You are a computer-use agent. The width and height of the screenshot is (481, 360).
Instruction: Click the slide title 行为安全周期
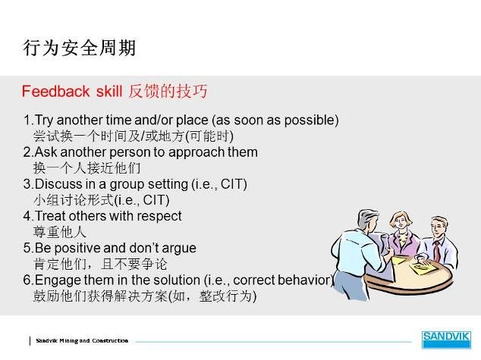80,48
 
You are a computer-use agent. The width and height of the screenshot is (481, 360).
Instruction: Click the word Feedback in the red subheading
55,91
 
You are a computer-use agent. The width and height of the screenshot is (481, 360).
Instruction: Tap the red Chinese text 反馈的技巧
168,91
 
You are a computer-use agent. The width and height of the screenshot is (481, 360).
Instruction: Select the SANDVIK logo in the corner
446,340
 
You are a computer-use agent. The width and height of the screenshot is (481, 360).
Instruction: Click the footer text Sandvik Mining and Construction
82,341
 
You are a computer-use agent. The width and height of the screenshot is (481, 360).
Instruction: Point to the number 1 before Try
27,120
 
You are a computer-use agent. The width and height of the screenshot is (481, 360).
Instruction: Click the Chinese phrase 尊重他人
59,232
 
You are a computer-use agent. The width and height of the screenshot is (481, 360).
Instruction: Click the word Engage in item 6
58,280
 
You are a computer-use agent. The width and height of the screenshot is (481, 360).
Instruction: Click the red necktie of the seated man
437,251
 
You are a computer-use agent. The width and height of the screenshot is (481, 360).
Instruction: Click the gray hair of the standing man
369,217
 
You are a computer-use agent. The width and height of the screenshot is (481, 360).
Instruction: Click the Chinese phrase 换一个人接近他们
86,168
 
